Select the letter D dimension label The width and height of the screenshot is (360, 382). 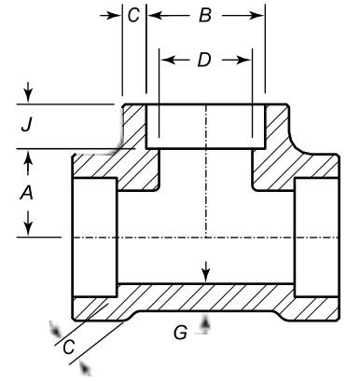click(204, 60)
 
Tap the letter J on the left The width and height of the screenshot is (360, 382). click(28, 124)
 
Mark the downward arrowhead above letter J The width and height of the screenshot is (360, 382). click(29, 96)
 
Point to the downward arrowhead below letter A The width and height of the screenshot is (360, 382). click(29, 228)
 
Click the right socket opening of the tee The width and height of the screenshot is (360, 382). click(317, 237)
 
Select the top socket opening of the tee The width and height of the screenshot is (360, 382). click(206, 126)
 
